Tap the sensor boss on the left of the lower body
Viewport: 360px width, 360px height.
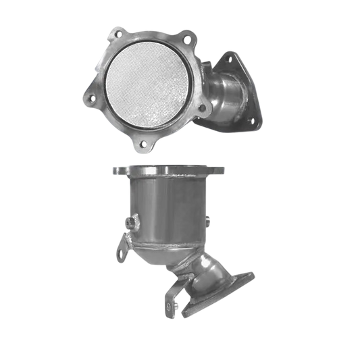pyautogui.click(x=128, y=222)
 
